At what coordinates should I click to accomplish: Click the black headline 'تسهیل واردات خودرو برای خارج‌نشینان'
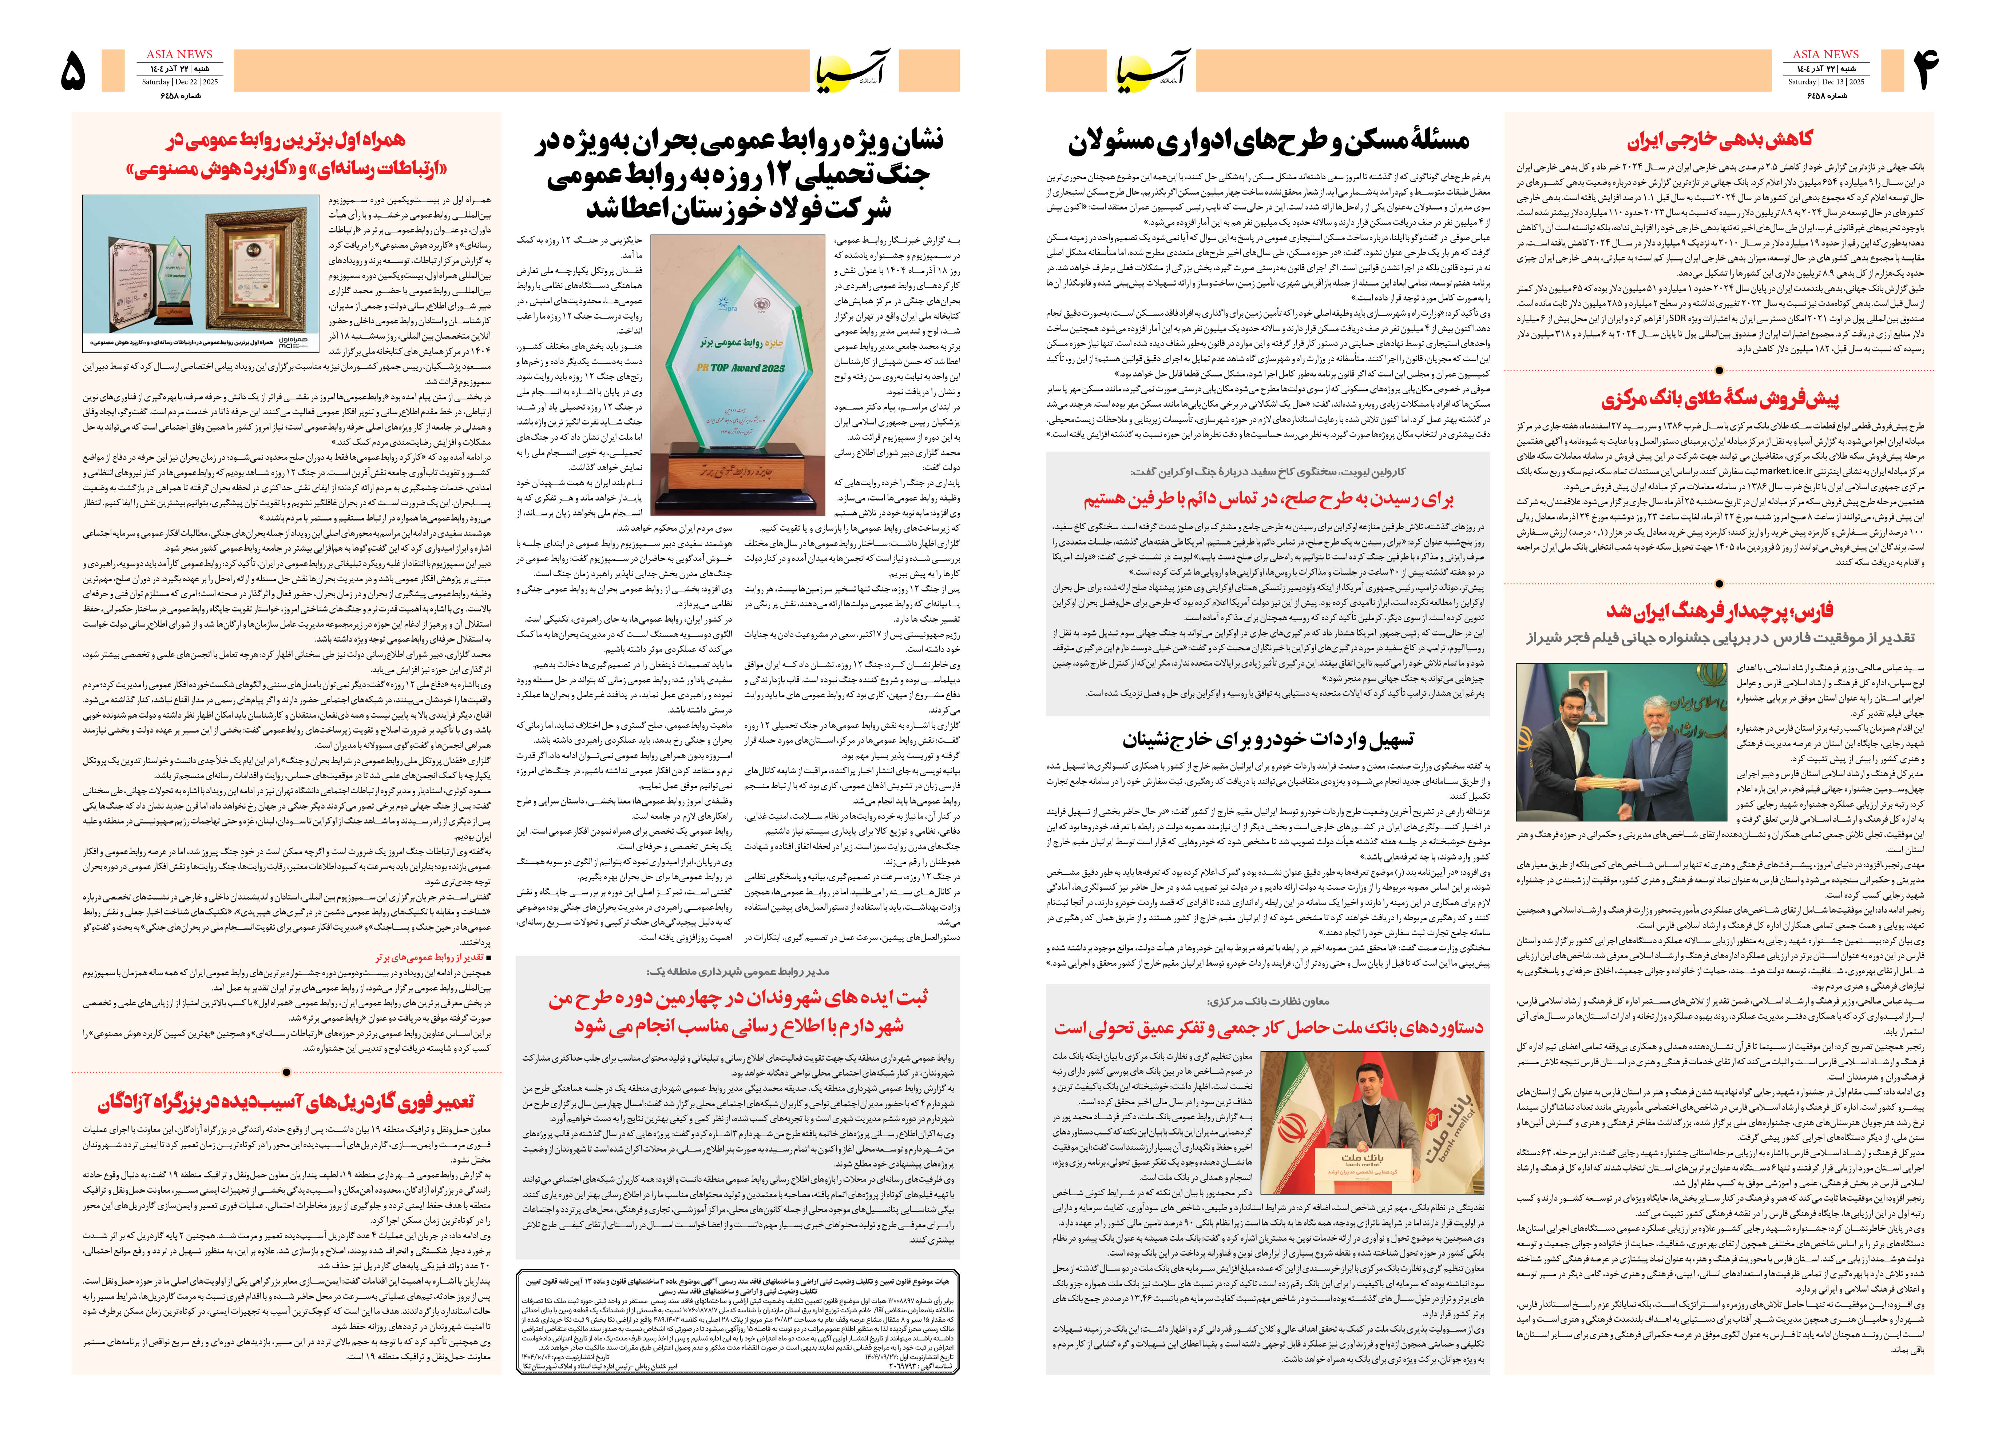[1268, 739]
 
